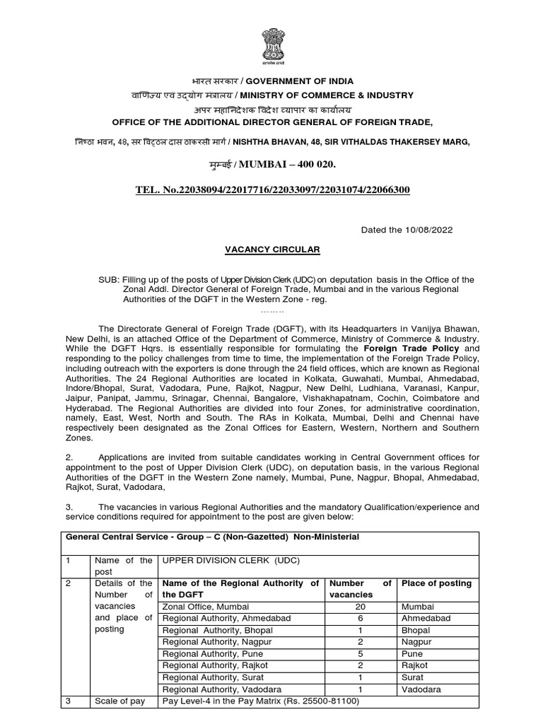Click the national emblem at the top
pyautogui.click(x=271, y=45)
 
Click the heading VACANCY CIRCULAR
pyautogui.click(x=272, y=250)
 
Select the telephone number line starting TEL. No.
pyautogui.click(x=271, y=191)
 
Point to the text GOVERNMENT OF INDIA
pyautogui.click(x=300, y=81)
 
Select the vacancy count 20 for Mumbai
pyautogui.click(x=359, y=607)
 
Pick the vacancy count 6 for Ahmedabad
pyautogui.click(x=359, y=617)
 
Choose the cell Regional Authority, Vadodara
pyautogui.click(x=212, y=689)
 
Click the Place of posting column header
pyautogui.click(x=436, y=583)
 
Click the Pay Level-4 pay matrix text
pyautogui.click(x=261, y=701)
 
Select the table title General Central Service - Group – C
pyautogui.click(x=212, y=537)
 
